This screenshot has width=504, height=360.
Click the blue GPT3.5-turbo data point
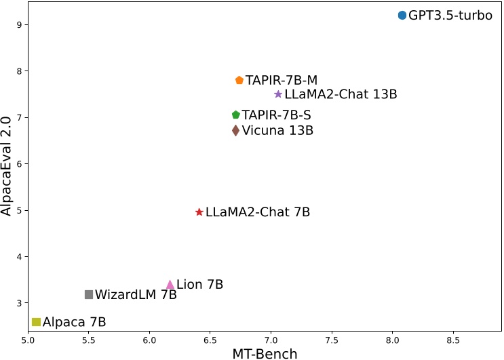click(x=402, y=15)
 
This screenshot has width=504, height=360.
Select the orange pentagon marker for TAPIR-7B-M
click(x=239, y=80)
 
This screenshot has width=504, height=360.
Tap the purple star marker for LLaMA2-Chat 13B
click(x=278, y=94)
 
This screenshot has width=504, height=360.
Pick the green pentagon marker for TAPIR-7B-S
click(x=236, y=115)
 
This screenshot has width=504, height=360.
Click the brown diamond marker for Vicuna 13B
click(x=235, y=130)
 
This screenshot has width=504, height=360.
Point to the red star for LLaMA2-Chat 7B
click(x=199, y=212)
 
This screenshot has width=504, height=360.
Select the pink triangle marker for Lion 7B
click(x=170, y=285)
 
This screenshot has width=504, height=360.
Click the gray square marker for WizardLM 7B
click(x=89, y=294)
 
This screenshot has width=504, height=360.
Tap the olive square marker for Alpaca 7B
click(x=37, y=322)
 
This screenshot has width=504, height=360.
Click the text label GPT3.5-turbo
click(x=450, y=16)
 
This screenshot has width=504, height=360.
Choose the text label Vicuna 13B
click(x=277, y=130)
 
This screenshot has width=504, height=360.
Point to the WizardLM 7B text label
click(x=136, y=295)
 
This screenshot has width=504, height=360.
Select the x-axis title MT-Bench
click(x=265, y=353)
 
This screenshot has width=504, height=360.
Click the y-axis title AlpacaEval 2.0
click(x=7, y=165)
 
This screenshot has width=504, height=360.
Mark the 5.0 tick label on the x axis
click(x=28, y=340)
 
